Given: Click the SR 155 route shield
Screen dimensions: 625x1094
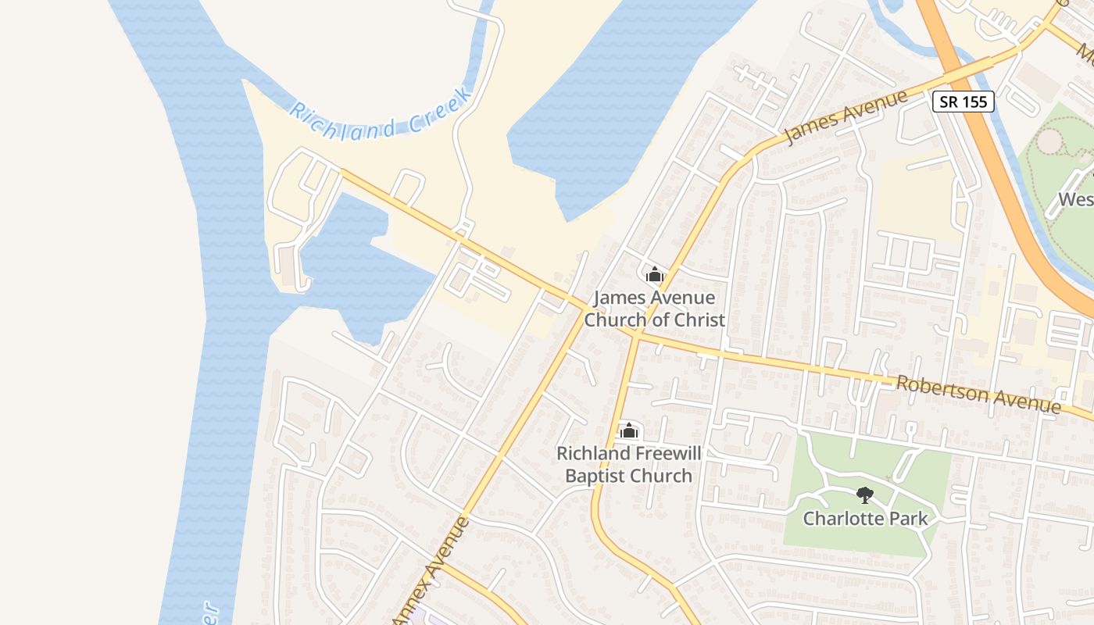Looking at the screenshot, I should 963,101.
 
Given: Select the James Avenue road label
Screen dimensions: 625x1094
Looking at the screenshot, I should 846,118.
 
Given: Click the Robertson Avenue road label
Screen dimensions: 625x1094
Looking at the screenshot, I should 978,395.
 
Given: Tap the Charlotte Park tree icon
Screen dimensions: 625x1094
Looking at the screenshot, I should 865,495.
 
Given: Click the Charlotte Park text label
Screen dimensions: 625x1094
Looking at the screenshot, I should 865,518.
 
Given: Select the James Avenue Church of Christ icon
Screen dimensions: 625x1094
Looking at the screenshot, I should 654,274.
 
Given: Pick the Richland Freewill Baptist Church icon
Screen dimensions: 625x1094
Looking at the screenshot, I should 628,430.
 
